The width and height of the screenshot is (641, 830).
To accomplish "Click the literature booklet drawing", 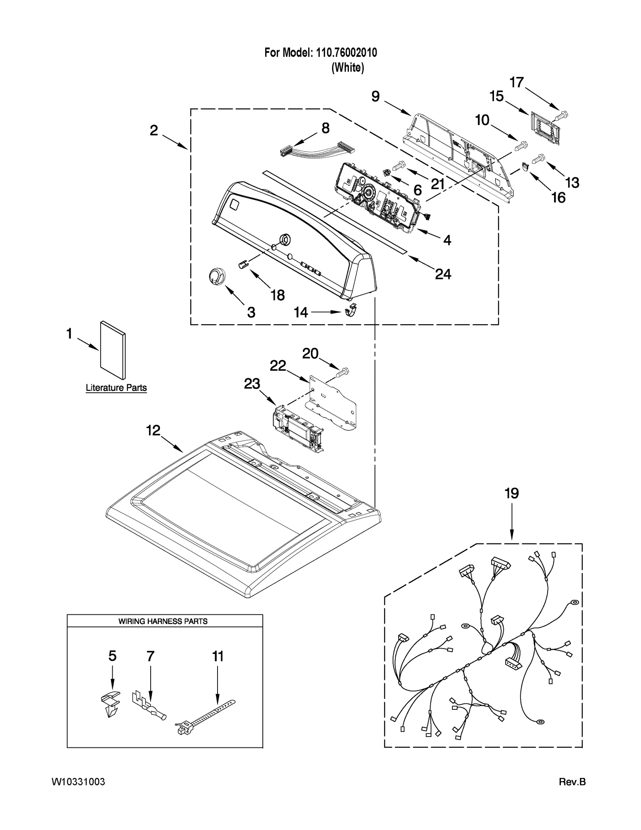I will click(113, 349).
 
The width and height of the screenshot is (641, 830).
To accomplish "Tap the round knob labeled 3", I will click(217, 277).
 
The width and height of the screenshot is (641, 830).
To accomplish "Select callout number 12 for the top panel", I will click(153, 431).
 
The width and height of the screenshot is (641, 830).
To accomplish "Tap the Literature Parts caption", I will click(116, 388).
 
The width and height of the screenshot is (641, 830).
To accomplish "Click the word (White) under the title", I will click(348, 68).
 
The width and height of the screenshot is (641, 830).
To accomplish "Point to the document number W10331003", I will click(79, 782).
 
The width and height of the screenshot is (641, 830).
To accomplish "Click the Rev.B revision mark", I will click(572, 782).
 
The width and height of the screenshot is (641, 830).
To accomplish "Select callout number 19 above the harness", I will click(512, 493).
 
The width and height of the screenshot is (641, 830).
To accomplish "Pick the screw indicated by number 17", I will click(562, 115).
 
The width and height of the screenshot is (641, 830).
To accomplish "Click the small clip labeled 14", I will click(351, 310).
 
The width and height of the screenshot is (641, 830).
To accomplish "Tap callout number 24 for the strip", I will click(443, 274).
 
